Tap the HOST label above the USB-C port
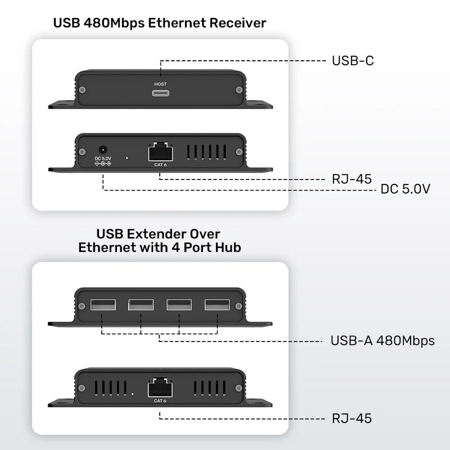(x=160, y=84)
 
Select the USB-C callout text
(x=353, y=61)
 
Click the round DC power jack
(x=103, y=150)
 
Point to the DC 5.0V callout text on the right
(x=405, y=190)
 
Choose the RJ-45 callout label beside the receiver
(x=352, y=179)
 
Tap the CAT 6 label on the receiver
(x=160, y=165)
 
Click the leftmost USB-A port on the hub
(x=103, y=305)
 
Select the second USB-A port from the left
(x=141, y=305)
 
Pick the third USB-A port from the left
(x=179, y=305)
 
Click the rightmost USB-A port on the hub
(x=217, y=305)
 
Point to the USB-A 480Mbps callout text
(x=382, y=341)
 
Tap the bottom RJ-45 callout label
(x=352, y=418)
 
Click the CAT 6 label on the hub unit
(x=160, y=400)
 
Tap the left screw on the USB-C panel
(x=83, y=89)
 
